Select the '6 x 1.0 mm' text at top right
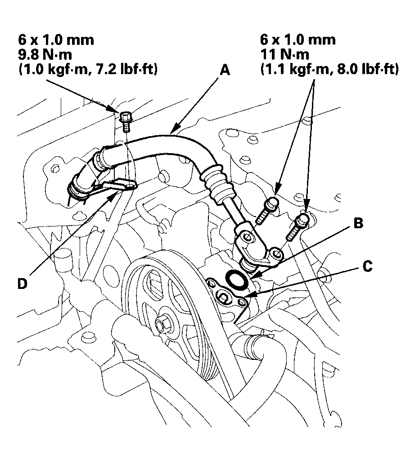click(298, 40)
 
